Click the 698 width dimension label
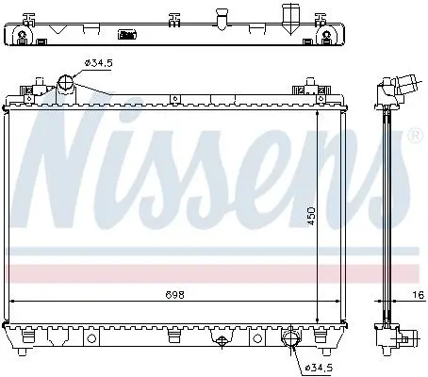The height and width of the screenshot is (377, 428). click(x=174, y=295)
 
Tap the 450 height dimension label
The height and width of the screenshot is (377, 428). click(x=311, y=216)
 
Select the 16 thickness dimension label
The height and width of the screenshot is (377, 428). click(x=419, y=295)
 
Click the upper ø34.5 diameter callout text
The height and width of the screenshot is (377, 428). click(x=98, y=63)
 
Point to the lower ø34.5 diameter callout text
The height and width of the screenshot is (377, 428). click(x=320, y=367)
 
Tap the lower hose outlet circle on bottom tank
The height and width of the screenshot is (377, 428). click(x=291, y=338)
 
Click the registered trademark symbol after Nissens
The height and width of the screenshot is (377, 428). click(x=415, y=135)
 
